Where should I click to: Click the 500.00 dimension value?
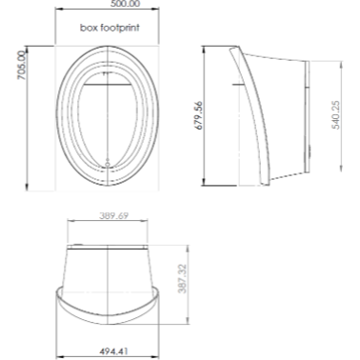pos(125,4)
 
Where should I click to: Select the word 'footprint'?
pos(120,28)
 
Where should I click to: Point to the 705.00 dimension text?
pos(22,66)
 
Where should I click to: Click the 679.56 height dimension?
pos(198,115)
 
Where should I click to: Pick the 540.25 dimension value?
pos(335,115)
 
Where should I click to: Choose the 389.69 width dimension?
pos(114,215)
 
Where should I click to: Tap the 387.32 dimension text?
pos(182,279)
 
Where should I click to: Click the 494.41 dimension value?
pos(114,351)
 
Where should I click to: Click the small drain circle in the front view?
pos(108,164)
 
